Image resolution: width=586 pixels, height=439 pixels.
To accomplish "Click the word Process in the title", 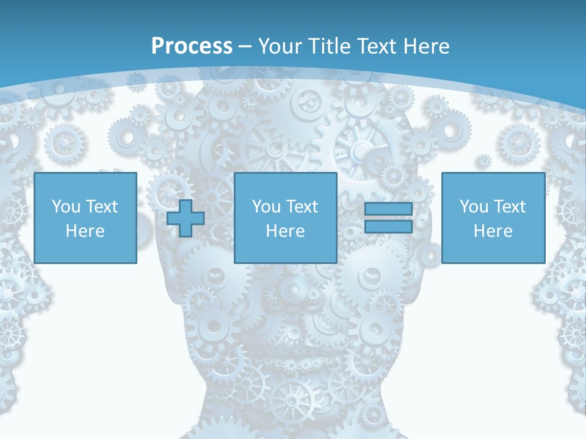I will [192, 46].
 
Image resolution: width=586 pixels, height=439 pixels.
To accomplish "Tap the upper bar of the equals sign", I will [388, 209].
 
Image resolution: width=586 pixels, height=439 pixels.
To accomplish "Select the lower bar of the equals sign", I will [388, 227].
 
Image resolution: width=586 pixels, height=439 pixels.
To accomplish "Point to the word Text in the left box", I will [101, 207].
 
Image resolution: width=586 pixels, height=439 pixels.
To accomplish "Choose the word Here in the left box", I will [85, 231].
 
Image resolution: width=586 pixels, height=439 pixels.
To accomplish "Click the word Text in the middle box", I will [302, 207].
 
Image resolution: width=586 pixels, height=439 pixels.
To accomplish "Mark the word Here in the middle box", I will [285, 231].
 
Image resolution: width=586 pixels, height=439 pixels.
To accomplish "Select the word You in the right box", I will [474, 207].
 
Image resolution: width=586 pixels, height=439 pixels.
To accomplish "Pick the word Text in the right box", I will [509, 207].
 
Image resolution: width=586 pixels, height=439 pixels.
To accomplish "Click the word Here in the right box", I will [493, 231].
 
